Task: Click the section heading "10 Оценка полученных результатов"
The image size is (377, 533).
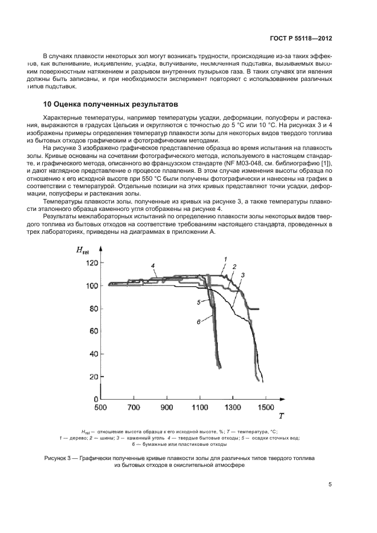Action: [x=111, y=104]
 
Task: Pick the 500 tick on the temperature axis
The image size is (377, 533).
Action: [x=100, y=408]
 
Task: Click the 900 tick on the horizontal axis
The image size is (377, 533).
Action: [x=167, y=408]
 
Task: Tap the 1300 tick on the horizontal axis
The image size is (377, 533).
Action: [x=232, y=408]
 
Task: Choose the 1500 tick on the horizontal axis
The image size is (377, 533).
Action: [x=266, y=408]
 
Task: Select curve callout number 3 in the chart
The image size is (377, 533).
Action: [x=242, y=275]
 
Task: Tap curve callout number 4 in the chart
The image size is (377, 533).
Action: [x=153, y=266]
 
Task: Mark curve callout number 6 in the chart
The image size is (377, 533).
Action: [x=199, y=322]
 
